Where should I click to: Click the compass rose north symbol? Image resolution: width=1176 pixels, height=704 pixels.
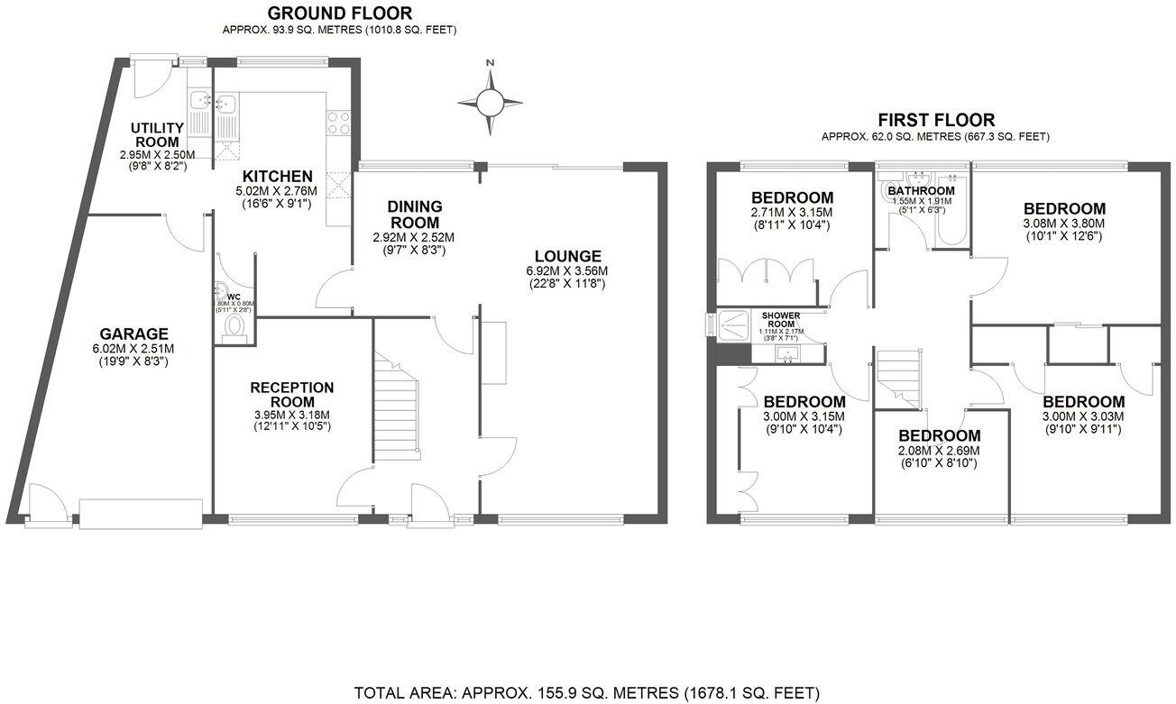tap(490, 99)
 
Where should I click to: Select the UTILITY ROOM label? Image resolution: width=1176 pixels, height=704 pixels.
tap(158, 134)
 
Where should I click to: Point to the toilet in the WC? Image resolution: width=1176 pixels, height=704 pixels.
tap(236, 325)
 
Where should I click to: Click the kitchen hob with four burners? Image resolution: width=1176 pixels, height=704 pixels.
tap(339, 123)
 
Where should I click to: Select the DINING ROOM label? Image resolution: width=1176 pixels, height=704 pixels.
tap(414, 215)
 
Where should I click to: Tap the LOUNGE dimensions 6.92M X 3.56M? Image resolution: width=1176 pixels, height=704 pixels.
tap(566, 271)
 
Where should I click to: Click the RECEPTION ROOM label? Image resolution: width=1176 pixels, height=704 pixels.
tap(291, 394)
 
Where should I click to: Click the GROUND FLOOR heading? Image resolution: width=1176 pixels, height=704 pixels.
tap(340, 13)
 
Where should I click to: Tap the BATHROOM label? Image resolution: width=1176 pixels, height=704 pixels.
tap(921, 190)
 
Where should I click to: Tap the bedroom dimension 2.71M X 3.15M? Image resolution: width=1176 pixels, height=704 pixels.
tap(790, 213)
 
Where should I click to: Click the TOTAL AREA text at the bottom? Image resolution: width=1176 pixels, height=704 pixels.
tap(587, 693)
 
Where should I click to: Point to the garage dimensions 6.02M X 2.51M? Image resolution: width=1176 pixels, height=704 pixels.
tap(134, 348)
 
